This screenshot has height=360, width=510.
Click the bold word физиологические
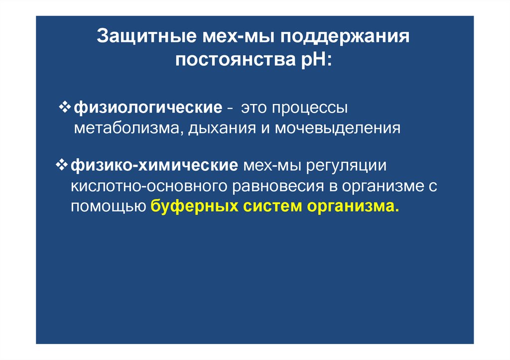[x=148, y=108]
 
